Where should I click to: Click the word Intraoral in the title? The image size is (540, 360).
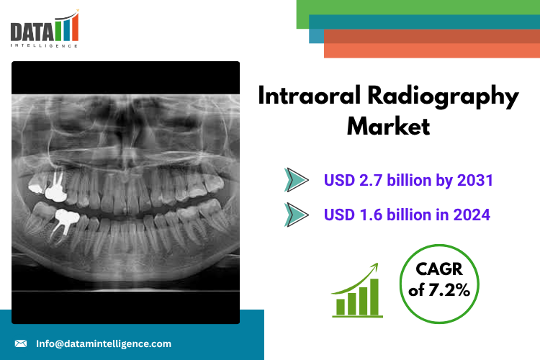coord(310,96)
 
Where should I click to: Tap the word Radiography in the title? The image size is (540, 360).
coord(444,97)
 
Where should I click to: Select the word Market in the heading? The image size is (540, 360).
coord(388,126)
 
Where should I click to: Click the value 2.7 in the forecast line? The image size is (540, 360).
coord(371,180)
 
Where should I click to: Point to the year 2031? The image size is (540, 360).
coord(475,180)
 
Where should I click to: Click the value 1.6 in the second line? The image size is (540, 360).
coord(371,215)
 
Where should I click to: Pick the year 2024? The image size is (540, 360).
coord(472,215)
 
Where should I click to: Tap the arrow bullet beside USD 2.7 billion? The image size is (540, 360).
coord(296,180)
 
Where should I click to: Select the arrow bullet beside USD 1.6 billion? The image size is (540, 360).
coord(296,215)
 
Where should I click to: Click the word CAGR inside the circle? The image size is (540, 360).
coord(439,269)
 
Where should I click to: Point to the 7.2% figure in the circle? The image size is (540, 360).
coord(449,289)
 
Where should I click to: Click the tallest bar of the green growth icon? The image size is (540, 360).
coord(374,297)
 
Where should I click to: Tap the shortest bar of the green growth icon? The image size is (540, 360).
coord(341,307)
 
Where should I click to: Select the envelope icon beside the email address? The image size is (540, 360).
coord(21,343)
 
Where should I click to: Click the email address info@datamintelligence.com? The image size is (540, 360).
coord(104,343)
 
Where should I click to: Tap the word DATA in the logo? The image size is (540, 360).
coord(32,32)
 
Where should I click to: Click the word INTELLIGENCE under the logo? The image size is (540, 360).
coord(44,45)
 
